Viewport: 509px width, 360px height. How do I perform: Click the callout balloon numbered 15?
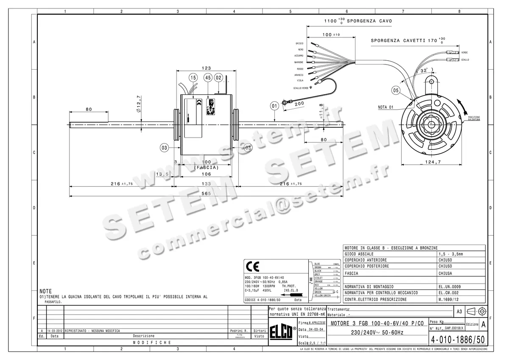(x=193, y=78)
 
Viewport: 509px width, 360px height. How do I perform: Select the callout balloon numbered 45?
(x=207, y=78)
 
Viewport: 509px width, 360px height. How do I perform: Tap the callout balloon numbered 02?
(x=219, y=78)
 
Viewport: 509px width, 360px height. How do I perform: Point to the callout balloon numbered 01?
(x=274, y=105)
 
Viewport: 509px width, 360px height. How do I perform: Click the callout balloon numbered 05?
(x=395, y=90)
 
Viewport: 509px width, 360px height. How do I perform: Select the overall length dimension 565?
(x=207, y=193)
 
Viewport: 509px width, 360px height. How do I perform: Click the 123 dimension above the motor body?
(x=207, y=68)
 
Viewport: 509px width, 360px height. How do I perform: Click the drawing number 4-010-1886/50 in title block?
(x=457, y=340)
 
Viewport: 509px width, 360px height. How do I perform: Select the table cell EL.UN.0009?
(x=450, y=287)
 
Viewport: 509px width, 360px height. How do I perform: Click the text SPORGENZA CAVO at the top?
(x=369, y=20)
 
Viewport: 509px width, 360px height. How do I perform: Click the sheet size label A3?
(x=459, y=312)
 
